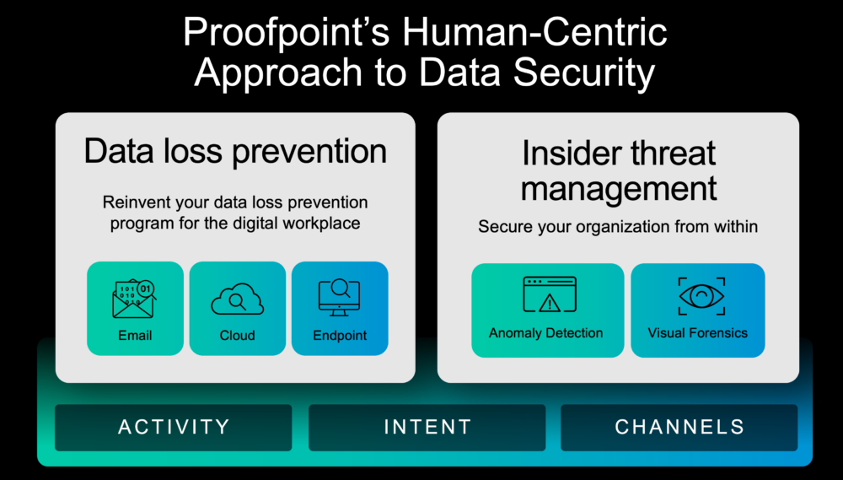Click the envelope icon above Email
(134, 298)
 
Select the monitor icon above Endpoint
(340, 298)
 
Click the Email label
(135, 336)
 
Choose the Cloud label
(237, 336)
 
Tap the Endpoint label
(340, 336)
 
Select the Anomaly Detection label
(546, 333)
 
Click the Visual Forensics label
(697, 333)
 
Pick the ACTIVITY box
(174, 428)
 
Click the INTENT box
(427, 428)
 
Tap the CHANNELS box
(679, 428)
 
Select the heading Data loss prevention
(235, 152)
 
